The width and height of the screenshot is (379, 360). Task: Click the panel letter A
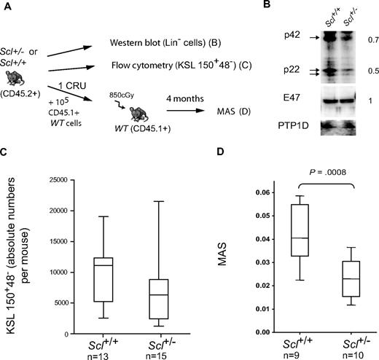[5, 7]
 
